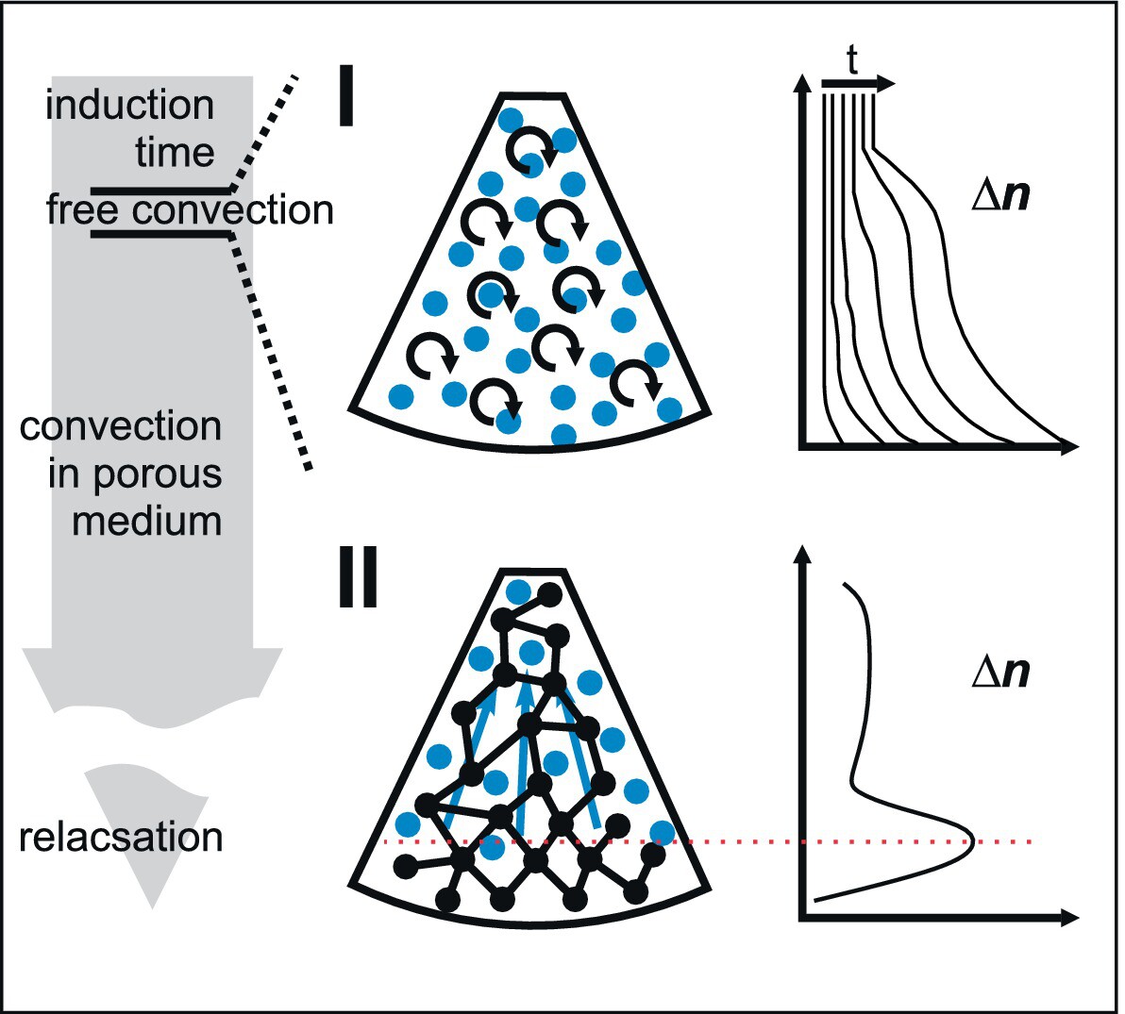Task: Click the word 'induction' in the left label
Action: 130,105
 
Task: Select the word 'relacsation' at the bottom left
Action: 122,838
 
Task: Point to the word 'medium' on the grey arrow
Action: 146,520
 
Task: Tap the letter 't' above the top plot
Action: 852,62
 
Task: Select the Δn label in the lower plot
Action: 1000,673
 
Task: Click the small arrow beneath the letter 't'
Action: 857,85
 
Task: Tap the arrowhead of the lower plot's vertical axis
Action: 803,553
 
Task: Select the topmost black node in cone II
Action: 549,593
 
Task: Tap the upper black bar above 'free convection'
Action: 160,190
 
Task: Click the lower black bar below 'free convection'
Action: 160,232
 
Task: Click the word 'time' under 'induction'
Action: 175,152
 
